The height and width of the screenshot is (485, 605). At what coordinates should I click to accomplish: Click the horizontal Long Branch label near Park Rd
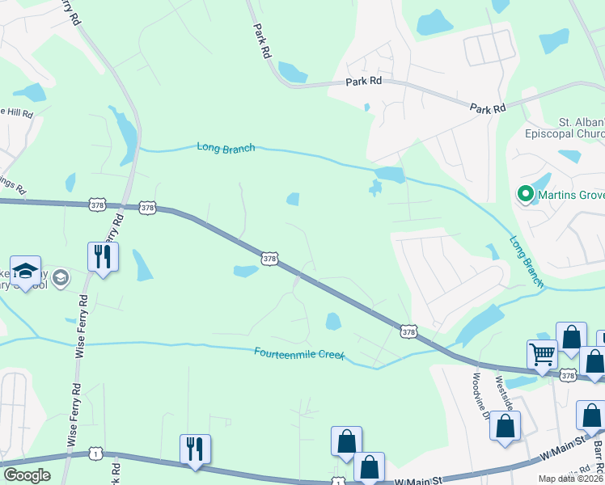(226, 147)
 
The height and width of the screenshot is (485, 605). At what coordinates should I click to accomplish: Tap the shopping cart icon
(542, 353)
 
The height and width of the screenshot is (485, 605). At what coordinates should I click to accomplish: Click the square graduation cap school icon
(25, 270)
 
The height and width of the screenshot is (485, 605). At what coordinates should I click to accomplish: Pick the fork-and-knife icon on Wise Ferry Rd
(103, 256)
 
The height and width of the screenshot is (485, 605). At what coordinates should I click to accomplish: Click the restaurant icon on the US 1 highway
(195, 449)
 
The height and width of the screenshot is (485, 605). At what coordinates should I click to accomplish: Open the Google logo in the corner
(27, 475)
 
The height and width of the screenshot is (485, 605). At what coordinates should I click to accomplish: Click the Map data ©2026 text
(571, 479)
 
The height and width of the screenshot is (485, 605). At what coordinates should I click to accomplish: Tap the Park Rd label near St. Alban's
(488, 108)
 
